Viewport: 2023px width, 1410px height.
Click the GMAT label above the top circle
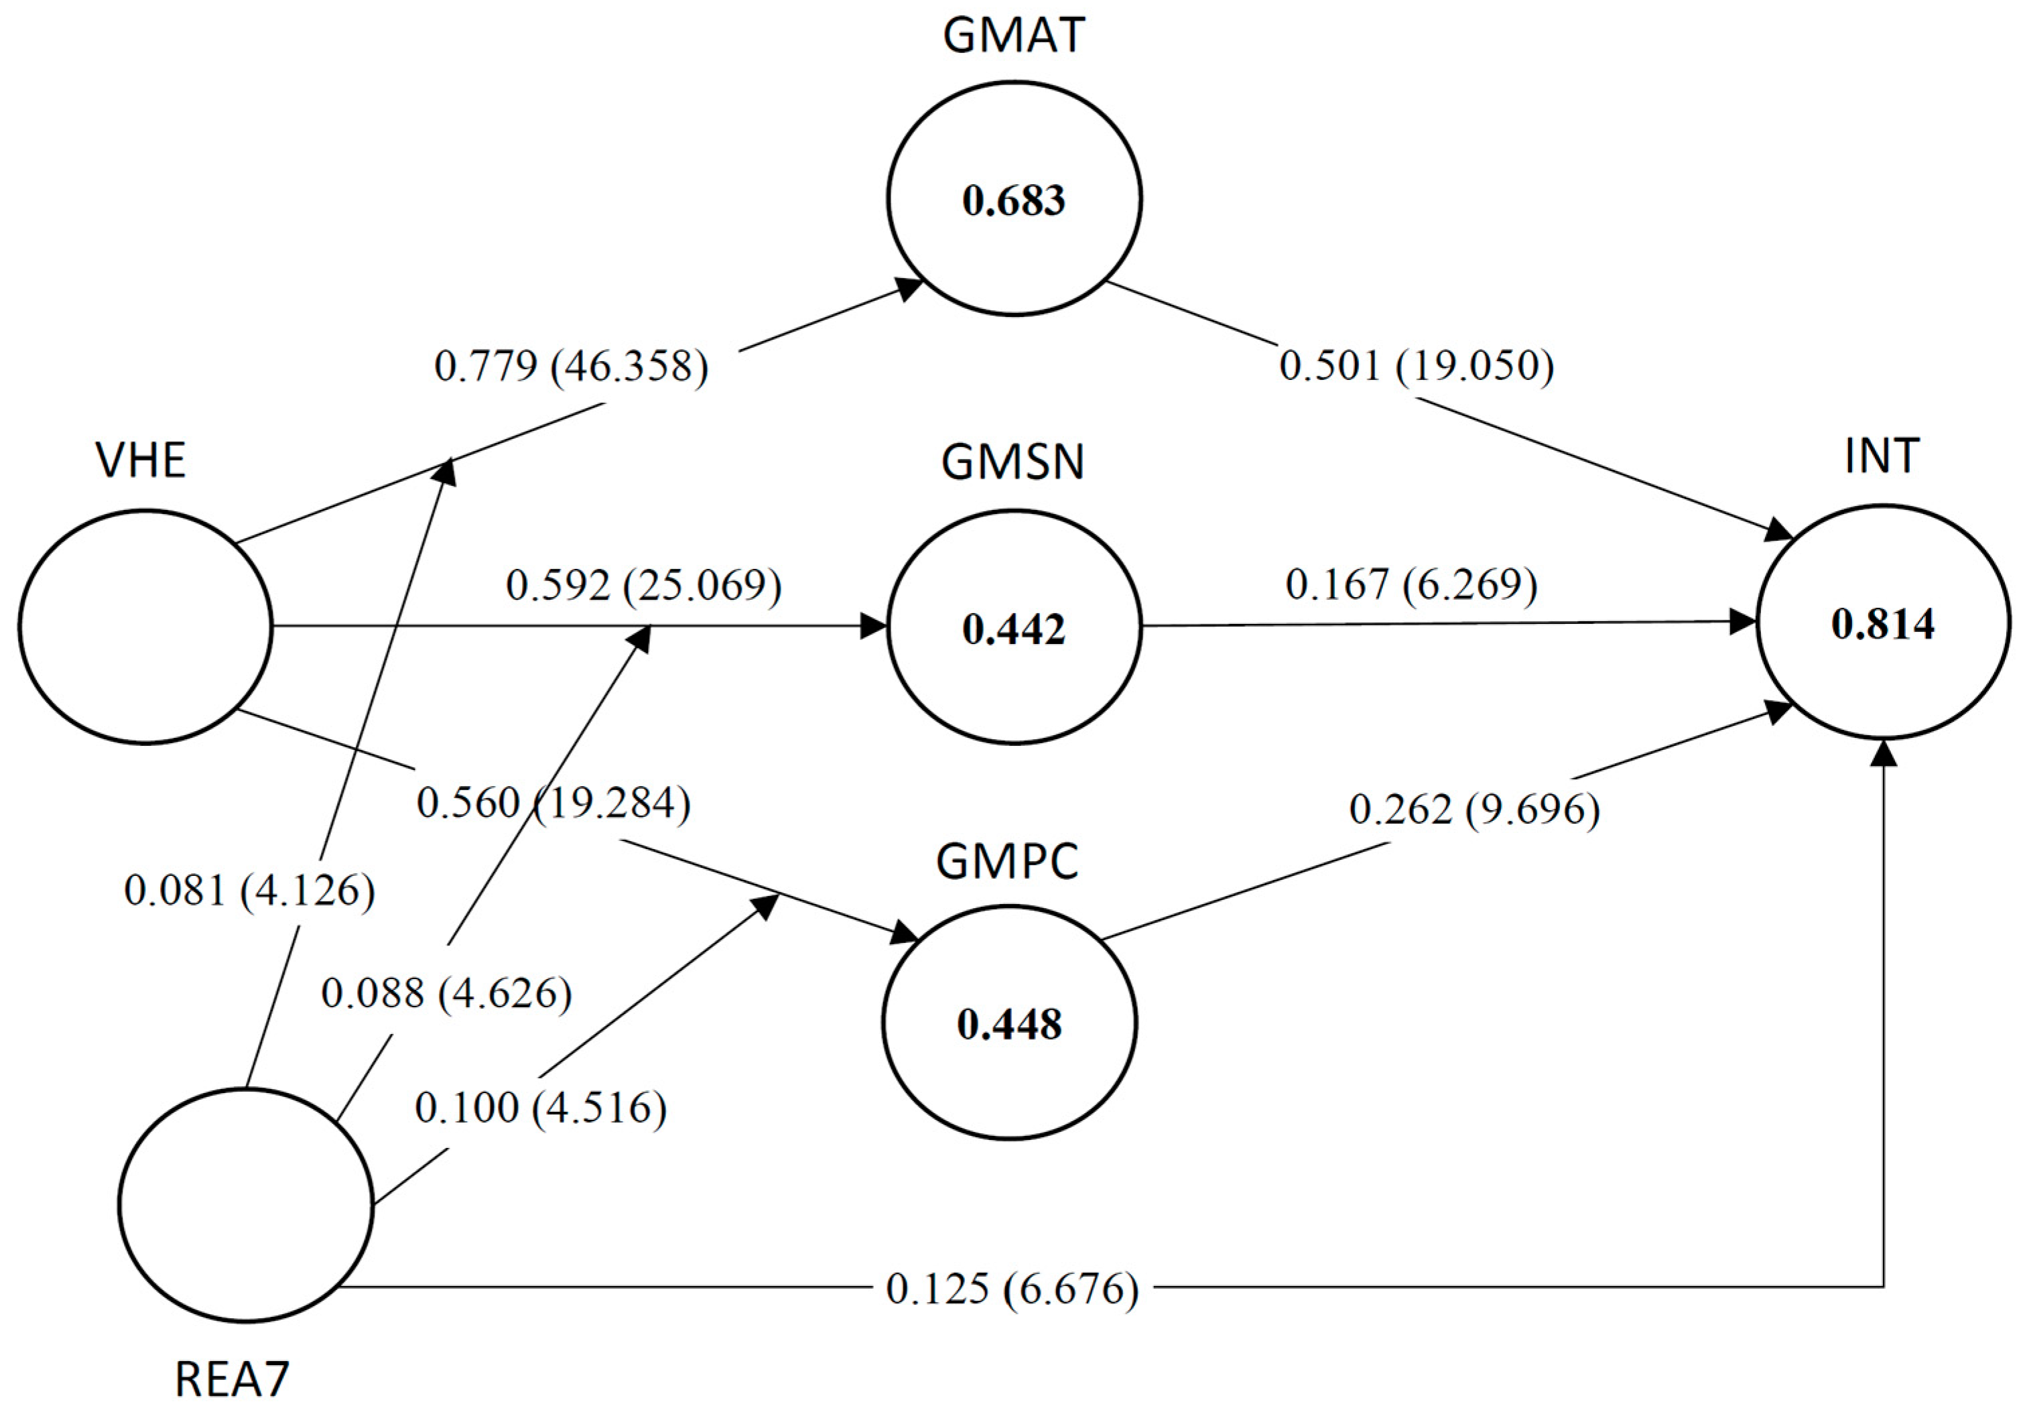click(x=1013, y=37)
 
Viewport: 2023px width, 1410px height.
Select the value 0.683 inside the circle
click(x=1013, y=200)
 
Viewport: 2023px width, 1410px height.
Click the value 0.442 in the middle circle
click(x=1013, y=629)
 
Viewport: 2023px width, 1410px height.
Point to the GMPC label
click(x=1007, y=862)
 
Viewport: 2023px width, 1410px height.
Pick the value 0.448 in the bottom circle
click(x=1010, y=1024)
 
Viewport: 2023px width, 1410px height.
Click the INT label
click(x=1883, y=456)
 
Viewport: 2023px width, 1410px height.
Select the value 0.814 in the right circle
click(x=1883, y=624)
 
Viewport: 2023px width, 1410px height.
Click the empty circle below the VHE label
click(x=145, y=627)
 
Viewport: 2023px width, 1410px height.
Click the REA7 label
click(x=232, y=1380)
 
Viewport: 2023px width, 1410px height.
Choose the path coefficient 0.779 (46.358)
click(x=571, y=367)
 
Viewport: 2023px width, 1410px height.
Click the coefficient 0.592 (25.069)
click(x=643, y=585)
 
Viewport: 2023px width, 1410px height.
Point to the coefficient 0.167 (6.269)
click(x=1411, y=584)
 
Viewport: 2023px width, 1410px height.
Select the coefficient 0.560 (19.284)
click(x=553, y=803)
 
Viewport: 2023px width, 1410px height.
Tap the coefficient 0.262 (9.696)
click(x=1474, y=809)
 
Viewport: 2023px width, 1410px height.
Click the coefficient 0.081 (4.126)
click(x=249, y=890)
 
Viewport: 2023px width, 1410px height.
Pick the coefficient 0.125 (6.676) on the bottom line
click(x=1012, y=1289)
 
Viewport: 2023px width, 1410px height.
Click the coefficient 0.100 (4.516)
click(x=540, y=1108)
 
